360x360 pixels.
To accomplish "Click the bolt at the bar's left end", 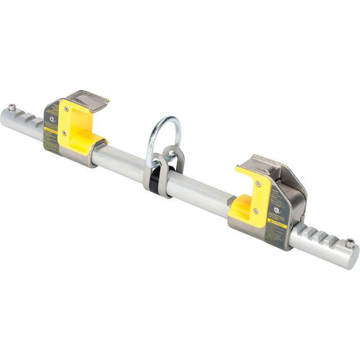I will coord(12,107).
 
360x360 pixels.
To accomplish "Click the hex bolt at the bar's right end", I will coord(349,242).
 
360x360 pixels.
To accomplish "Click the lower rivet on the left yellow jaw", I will coord(64,133).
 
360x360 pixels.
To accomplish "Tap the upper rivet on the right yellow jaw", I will coord(259,184).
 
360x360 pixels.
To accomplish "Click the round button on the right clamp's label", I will coord(276,209).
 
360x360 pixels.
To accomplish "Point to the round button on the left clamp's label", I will coord(52,119).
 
